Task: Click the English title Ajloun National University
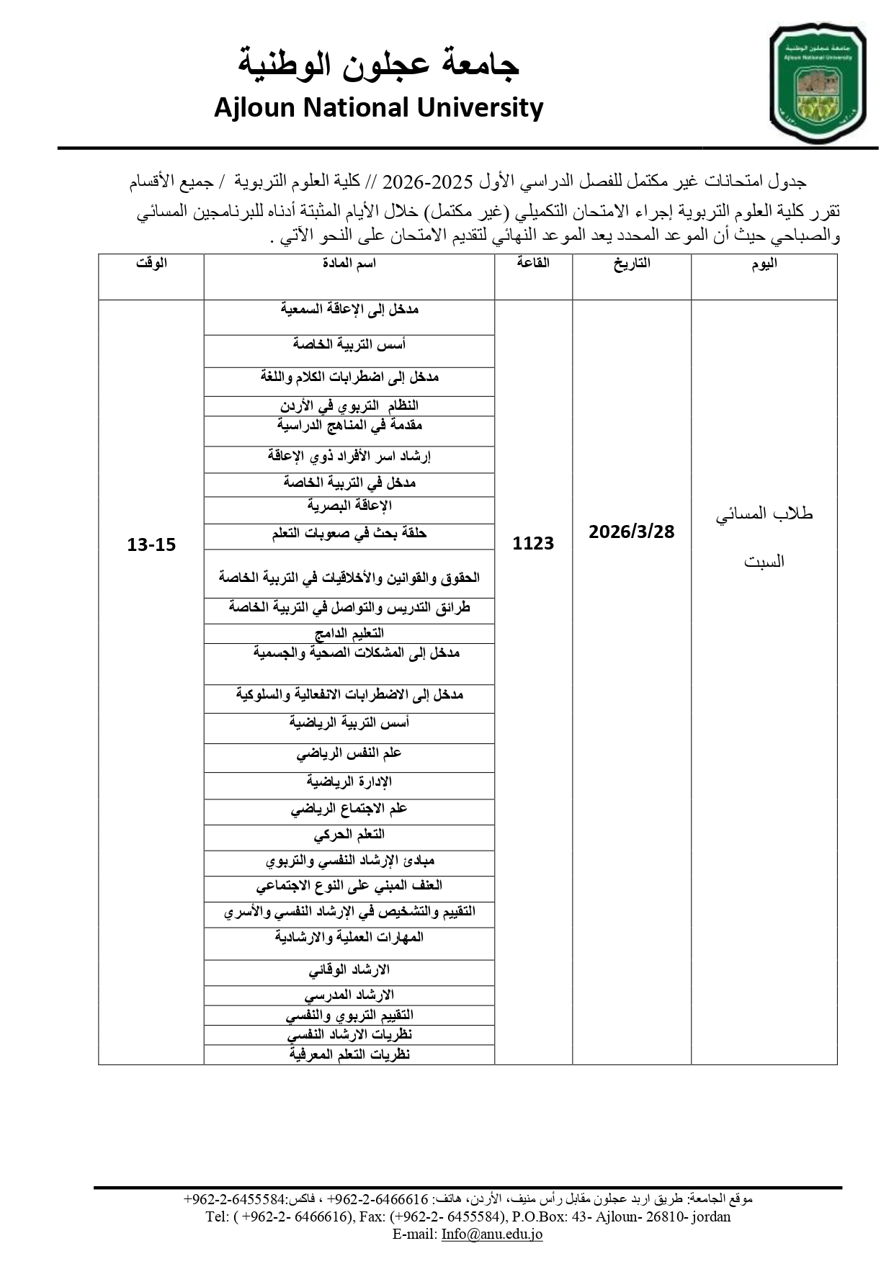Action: [x=378, y=108]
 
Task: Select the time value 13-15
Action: [x=151, y=544]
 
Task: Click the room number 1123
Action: [x=533, y=544]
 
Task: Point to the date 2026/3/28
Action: [x=631, y=532]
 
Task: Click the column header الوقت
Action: [x=151, y=264]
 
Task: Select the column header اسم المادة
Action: [x=349, y=264]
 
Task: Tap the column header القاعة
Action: [x=533, y=264]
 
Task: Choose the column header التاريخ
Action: [x=632, y=264]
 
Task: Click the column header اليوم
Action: [x=764, y=264]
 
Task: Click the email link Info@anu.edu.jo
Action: [x=492, y=1234]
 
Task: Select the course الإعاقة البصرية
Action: [x=349, y=506]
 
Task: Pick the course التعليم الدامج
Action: [x=349, y=633]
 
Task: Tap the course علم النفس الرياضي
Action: [x=349, y=754]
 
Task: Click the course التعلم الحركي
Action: [x=349, y=834]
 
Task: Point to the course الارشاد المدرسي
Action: [x=349, y=995]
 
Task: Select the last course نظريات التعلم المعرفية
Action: [x=349, y=1054]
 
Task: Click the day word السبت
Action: [x=764, y=562]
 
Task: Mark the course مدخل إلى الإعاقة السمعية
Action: [x=349, y=310]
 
